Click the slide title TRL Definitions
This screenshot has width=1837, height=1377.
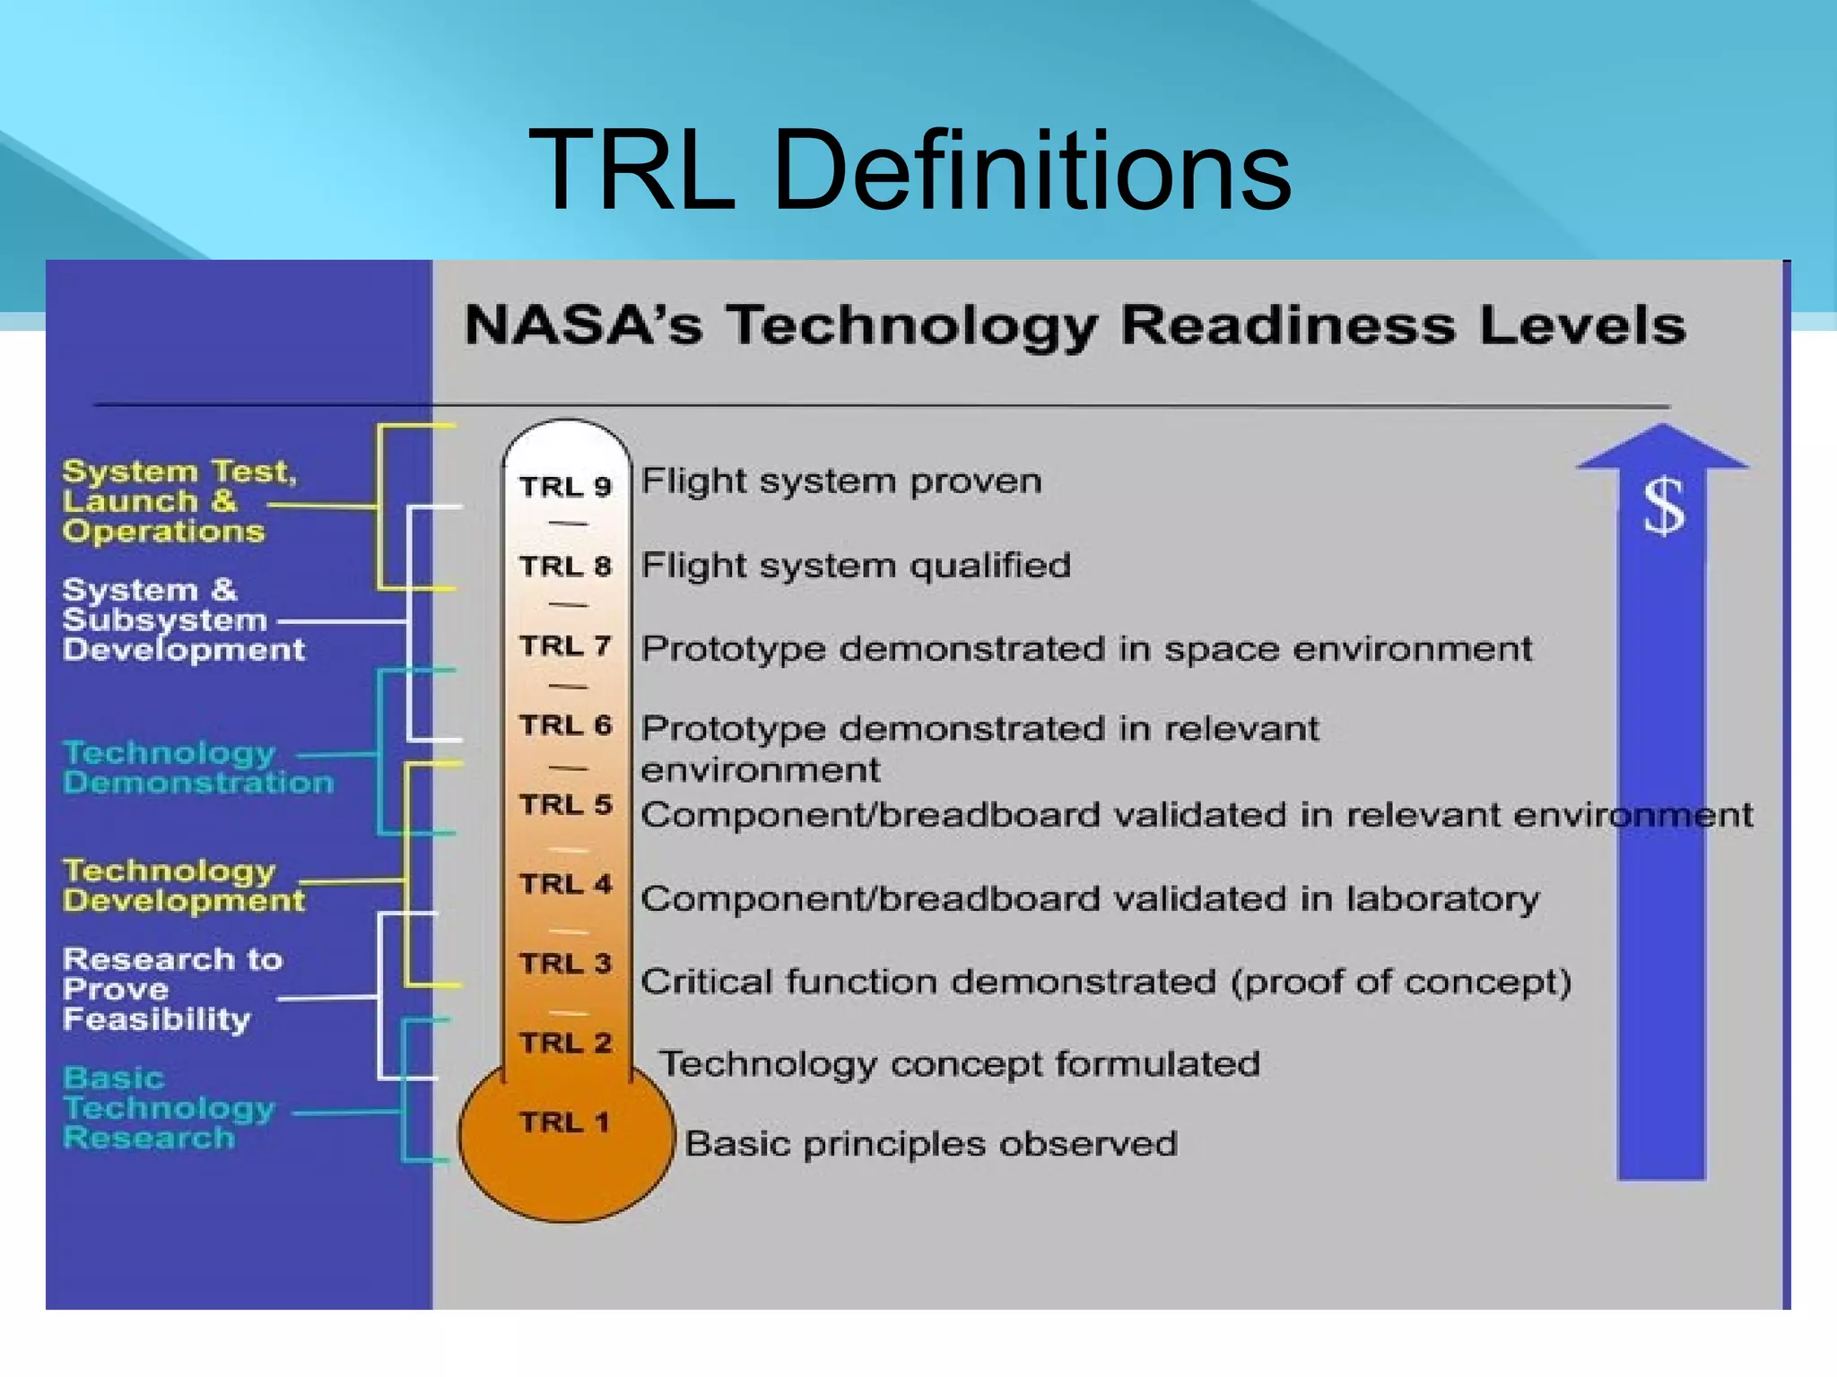coord(910,170)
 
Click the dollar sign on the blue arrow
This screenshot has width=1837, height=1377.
coord(1663,507)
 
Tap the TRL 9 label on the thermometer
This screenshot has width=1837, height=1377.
coord(565,487)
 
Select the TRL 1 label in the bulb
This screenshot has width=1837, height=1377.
coord(565,1122)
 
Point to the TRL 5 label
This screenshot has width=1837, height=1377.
coord(565,805)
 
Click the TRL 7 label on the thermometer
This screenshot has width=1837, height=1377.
coord(565,645)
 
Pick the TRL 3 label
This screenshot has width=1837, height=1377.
coord(565,964)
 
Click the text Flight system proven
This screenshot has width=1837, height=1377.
coord(840,481)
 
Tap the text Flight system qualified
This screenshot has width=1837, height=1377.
coord(855,566)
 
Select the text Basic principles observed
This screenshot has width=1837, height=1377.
coord(930,1144)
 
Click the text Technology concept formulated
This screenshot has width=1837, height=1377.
coord(959,1064)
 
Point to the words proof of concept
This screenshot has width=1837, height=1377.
coord(1400,982)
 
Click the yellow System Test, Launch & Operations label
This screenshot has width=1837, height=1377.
coord(178,501)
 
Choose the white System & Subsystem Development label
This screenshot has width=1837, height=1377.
coord(182,619)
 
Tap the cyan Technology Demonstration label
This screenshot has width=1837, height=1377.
coord(196,767)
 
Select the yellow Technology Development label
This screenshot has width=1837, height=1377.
coord(183,886)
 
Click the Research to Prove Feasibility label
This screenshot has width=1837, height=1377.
coord(171,990)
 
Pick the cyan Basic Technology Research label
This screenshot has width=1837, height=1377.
coord(168,1108)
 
